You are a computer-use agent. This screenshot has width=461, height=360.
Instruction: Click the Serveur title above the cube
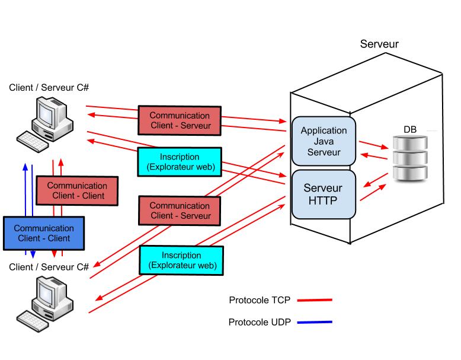(380, 44)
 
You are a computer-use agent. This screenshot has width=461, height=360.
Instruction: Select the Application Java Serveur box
(324, 141)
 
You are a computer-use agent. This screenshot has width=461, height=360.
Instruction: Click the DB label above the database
(409, 129)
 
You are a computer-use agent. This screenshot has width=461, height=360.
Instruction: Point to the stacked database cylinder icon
(409, 158)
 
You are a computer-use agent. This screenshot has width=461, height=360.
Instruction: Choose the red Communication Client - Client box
(77, 190)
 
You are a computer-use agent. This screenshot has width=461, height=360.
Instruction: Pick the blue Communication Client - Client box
(44, 233)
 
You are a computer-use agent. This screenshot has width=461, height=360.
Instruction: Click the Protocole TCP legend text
(260, 300)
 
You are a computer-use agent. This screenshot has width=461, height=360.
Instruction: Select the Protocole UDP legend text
(260, 323)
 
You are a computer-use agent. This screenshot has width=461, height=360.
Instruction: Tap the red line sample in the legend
(314, 300)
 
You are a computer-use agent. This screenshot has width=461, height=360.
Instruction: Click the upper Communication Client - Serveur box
(180, 120)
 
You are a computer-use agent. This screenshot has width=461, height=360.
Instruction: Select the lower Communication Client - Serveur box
(180, 211)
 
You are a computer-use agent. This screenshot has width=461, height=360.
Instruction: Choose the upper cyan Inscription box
(179, 162)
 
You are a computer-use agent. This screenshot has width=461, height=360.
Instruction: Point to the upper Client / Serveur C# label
(49, 87)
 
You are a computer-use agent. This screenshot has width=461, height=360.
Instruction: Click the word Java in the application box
(324, 141)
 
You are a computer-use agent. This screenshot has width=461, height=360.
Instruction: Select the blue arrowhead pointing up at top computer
(25, 167)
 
